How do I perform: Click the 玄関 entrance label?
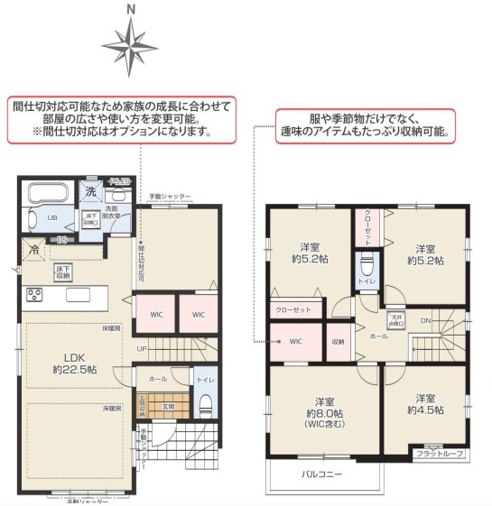click(169, 405)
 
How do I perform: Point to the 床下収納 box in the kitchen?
click(63, 271)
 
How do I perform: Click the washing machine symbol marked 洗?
click(91, 191)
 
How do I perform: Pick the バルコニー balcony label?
click(320, 475)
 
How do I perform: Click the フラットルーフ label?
click(442, 453)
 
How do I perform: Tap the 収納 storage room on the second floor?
click(338, 342)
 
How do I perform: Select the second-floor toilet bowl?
click(367, 268)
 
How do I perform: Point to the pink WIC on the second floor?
click(295, 342)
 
